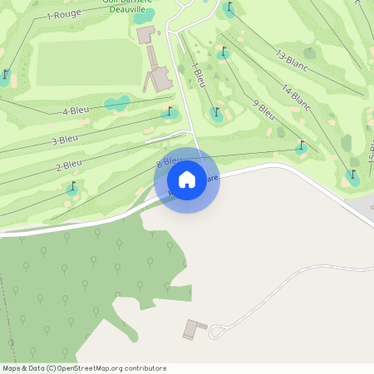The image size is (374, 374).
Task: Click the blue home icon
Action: tap(187, 180)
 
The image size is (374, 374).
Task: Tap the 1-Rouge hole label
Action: tap(63, 15)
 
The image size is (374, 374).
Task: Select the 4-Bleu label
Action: tap(76, 111)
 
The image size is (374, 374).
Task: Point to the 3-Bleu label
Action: tap(65, 140)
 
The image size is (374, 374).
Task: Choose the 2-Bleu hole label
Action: tap(69, 165)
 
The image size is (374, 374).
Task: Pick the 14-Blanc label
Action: tap(296, 98)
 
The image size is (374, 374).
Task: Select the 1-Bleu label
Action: tap(198, 74)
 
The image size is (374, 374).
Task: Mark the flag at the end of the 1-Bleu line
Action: tap(217, 111)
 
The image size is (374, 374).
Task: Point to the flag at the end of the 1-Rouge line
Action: tap(5, 75)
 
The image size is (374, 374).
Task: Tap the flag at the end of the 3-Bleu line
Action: tap(170, 111)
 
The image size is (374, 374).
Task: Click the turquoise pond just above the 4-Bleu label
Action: tap(117, 103)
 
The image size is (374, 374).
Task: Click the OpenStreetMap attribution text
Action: tap(83, 368)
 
